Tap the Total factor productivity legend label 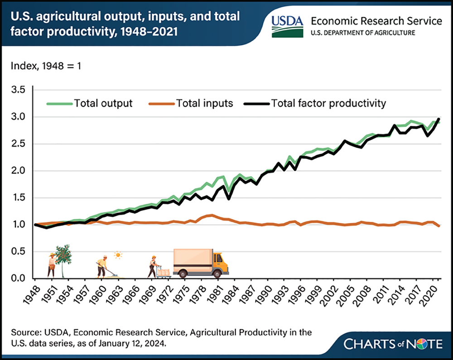click(328, 103)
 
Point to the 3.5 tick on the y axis click(20, 90)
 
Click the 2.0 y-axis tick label click(20, 171)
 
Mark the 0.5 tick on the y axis click(20, 251)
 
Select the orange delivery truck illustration click(201, 263)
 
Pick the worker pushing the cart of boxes click(153, 267)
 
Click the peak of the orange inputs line click(211, 215)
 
